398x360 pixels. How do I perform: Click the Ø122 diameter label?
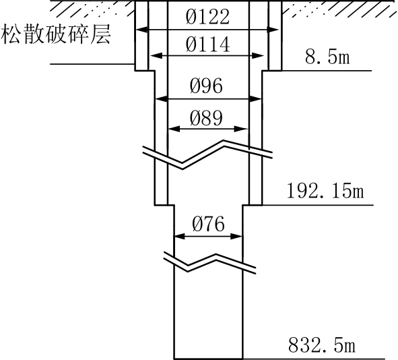point(207,17)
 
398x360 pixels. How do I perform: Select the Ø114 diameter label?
point(207,44)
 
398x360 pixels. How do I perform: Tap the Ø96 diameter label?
point(206,86)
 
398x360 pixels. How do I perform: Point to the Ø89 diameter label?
point(206,118)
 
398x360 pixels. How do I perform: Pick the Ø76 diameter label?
point(208,224)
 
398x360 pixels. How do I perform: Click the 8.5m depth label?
point(327,57)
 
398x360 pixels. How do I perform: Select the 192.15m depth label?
point(325,191)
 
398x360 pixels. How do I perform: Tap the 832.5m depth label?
point(322,344)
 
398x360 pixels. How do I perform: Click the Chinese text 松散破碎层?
point(56,34)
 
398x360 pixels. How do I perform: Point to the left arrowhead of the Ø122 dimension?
point(141,30)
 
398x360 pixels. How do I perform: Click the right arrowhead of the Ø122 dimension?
point(273,30)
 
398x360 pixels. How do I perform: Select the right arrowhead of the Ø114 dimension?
point(258,56)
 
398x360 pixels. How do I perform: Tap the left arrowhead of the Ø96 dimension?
point(162,99)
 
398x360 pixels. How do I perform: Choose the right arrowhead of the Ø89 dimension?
point(240,129)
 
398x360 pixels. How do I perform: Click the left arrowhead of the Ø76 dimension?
point(180,237)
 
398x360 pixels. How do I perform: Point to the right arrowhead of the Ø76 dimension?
point(236,237)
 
